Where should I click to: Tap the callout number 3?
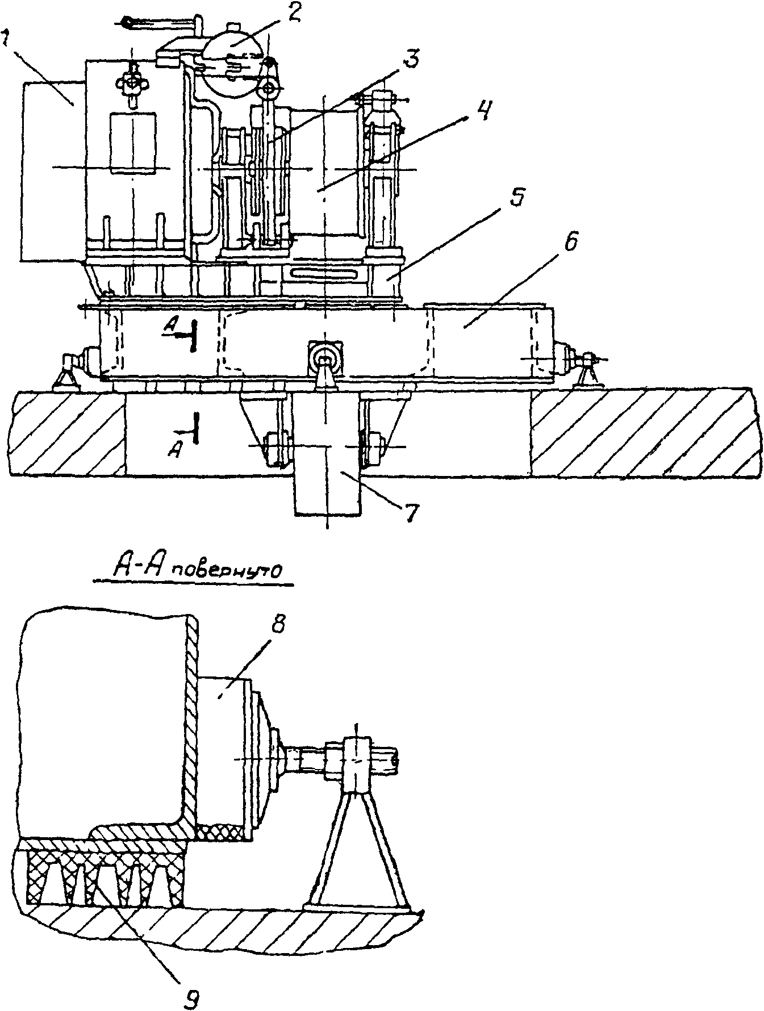click(x=413, y=59)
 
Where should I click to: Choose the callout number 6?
click(x=571, y=243)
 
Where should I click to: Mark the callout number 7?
click(x=410, y=512)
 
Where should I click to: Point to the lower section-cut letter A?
click(x=177, y=450)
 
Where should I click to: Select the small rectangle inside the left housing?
click(x=132, y=143)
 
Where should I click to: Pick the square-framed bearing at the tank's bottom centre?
click(x=325, y=358)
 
